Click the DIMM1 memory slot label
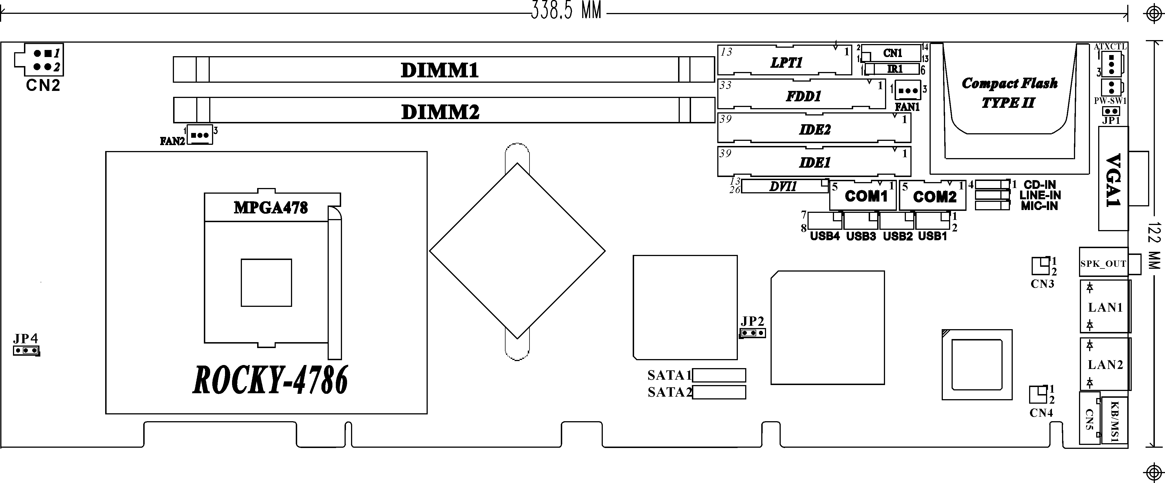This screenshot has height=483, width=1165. coord(440,70)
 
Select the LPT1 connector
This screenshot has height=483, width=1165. coord(785,60)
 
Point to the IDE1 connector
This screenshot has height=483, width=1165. coord(814,161)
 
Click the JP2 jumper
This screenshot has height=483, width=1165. coord(753,333)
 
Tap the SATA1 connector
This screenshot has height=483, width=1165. coord(719,375)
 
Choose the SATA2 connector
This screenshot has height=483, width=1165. coord(719,392)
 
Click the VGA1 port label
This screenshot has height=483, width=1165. coord(1113,180)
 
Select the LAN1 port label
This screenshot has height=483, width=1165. coord(1105,308)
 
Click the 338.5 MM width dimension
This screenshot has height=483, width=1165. coord(566,11)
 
